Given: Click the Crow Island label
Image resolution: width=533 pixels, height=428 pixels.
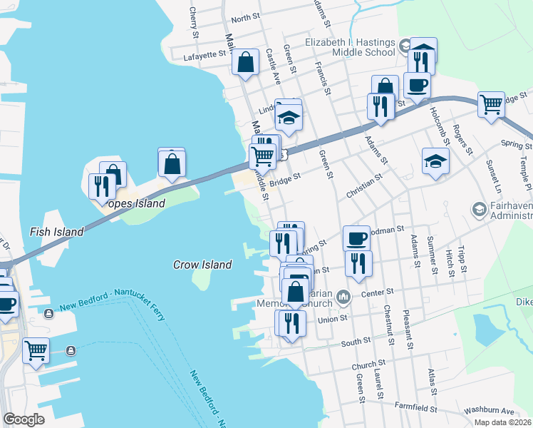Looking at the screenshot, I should tap(202, 265).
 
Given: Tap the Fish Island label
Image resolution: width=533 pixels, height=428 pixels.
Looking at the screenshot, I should tap(56, 232).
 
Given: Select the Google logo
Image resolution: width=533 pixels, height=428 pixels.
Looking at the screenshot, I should tap(24, 419).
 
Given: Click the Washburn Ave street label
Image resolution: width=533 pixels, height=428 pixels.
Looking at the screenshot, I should tap(488, 412).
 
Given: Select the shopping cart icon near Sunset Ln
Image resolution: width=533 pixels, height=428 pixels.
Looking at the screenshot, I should tap(492, 104).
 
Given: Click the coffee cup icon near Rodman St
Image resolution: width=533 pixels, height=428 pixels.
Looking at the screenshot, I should tap(356, 238).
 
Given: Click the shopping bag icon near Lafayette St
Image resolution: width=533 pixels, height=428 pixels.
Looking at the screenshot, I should tap(245, 62).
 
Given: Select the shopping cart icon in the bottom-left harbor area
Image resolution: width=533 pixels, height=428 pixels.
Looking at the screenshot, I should tap(36, 350).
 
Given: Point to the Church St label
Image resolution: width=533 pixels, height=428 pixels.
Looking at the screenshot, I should tap(368, 366).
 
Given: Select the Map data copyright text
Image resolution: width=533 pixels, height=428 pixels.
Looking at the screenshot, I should tap(503, 422).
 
